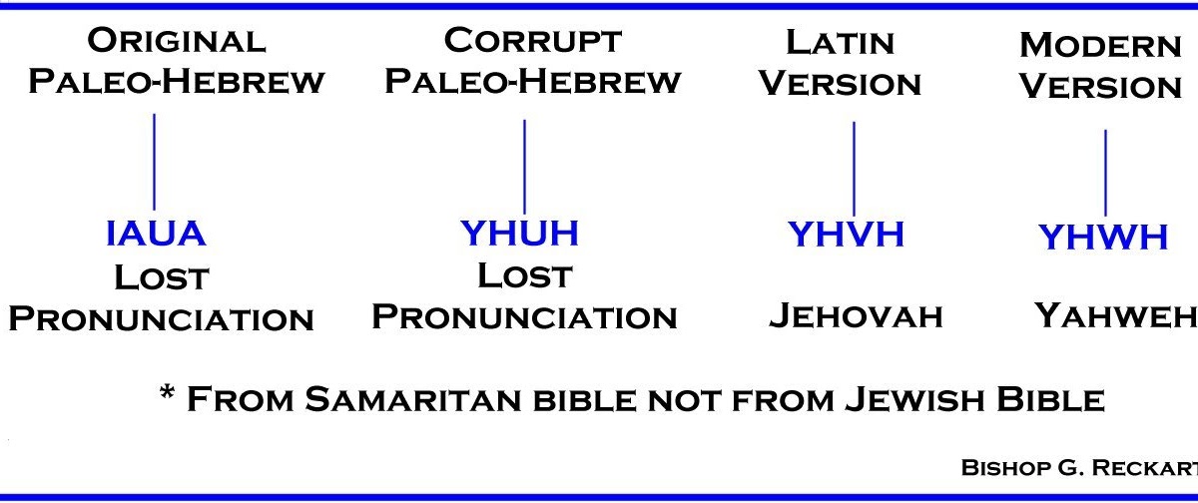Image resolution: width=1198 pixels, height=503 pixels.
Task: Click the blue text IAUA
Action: [156, 234]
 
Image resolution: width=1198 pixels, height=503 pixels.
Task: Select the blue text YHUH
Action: [519, 233]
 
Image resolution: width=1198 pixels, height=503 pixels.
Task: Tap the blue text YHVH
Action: [846, 234]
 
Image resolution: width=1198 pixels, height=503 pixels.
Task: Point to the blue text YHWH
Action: [1103, 238]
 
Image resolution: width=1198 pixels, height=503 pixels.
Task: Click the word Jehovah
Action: [856, 316]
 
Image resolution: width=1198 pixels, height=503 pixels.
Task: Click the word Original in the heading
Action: [177, 41]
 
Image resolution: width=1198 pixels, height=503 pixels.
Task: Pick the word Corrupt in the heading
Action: [533, 41]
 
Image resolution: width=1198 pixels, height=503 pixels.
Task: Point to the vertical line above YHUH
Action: [524, 166]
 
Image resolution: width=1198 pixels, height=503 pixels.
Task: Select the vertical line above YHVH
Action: [854, 169]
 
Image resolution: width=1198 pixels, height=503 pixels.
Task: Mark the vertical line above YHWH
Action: [1105, 173]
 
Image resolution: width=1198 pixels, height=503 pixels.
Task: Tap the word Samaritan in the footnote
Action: [411, 400]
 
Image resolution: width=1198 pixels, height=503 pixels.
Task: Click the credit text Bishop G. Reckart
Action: [1078, 466]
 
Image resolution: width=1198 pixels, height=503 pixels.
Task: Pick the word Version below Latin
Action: [840, 84]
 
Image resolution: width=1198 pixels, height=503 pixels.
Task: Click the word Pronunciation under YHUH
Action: [524, 317]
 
